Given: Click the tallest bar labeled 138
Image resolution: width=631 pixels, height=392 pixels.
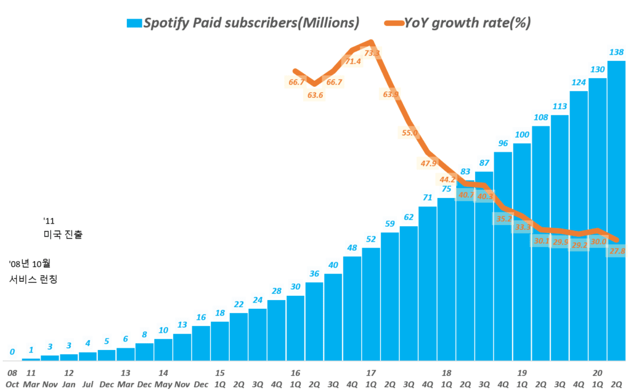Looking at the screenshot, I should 616,210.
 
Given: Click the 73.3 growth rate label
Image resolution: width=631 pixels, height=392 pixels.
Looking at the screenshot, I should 372,54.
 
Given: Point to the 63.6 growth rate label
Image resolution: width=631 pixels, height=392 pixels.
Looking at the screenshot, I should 315,95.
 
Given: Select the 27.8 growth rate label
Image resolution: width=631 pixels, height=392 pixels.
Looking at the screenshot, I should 617,251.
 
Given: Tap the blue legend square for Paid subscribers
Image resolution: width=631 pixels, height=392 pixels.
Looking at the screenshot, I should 134,23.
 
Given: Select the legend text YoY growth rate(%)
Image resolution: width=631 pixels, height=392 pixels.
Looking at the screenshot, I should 466,23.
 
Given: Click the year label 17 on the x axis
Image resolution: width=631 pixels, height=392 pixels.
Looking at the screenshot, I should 371,373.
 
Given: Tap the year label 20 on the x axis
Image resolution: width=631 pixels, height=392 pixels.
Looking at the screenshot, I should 597,373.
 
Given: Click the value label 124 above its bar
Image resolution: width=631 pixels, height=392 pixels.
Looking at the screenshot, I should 579,83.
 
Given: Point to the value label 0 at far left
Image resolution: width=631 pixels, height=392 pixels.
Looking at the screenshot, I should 12,352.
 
